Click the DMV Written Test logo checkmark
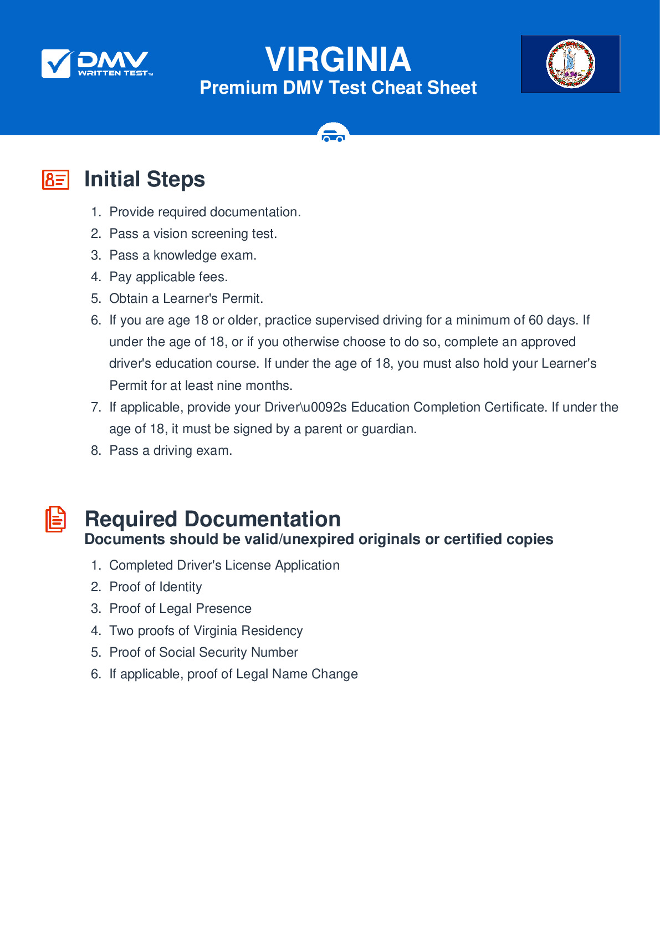click(56, 64)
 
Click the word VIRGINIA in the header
click(338, 59)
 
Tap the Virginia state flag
click(570, 64)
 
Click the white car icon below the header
click(333, 135)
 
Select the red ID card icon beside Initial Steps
click(56, 180)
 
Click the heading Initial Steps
click(145, 179)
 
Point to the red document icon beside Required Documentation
click(55, 519)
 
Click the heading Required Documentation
click(212, 519)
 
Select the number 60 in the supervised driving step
click(536, 320)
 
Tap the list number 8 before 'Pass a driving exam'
click(96, 450)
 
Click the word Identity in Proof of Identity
click(180, 587)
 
